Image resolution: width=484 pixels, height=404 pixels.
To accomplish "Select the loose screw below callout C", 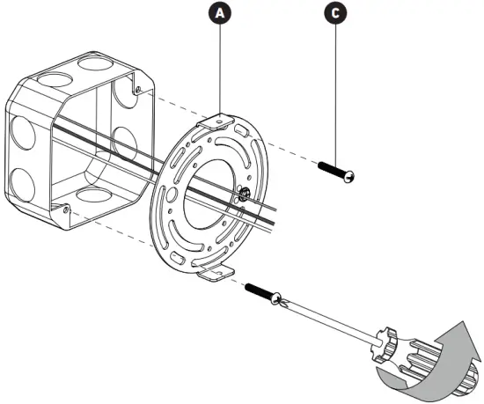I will (335, 170).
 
